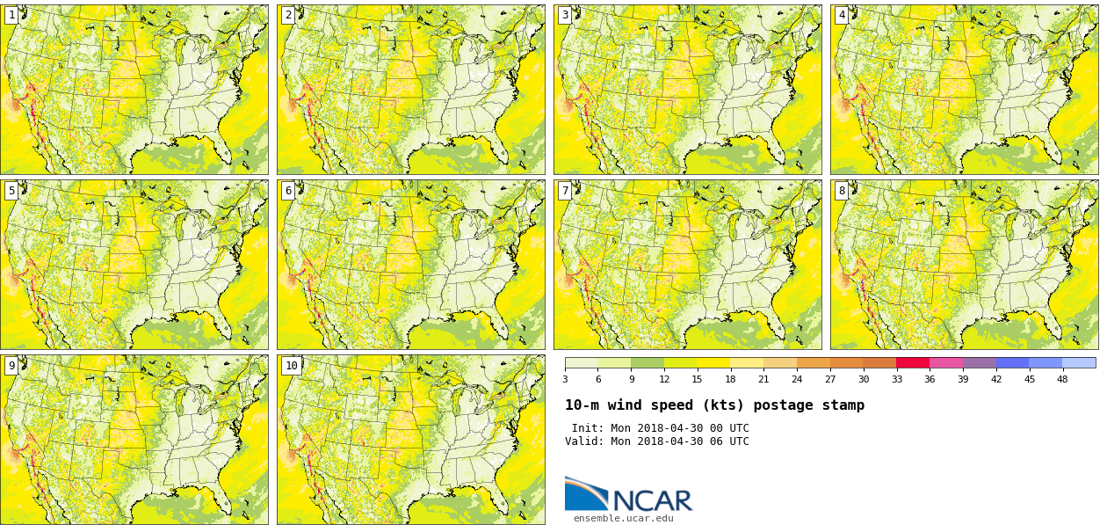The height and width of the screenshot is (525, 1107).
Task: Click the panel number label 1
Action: tap(11, 15)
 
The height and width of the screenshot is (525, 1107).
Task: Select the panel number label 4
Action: tap(842, 15)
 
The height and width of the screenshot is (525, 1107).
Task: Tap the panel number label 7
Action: tap(565, 191)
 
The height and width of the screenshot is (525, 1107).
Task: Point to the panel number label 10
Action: tap(291, 366)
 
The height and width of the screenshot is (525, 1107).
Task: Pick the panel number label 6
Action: tap(288, 191)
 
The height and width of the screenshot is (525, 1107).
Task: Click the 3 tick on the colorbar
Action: tap(565, 379)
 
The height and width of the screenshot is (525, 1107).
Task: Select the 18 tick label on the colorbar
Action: tap(730, 379)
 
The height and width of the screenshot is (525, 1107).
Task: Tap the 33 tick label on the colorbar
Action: tap(896, 379)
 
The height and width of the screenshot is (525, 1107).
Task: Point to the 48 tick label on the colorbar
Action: tap(1062, 379)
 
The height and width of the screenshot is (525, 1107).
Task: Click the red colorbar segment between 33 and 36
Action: tap(913, 362)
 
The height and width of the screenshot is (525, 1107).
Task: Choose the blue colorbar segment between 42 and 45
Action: tap(1012, 362)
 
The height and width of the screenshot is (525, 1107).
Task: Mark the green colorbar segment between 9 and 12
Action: tap(648, 362)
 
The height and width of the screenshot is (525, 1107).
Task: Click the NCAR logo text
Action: tap(652, 500)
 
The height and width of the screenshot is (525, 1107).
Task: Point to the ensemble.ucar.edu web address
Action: tap(623, 518)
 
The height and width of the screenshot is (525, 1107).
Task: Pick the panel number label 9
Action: tap(11, 366)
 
